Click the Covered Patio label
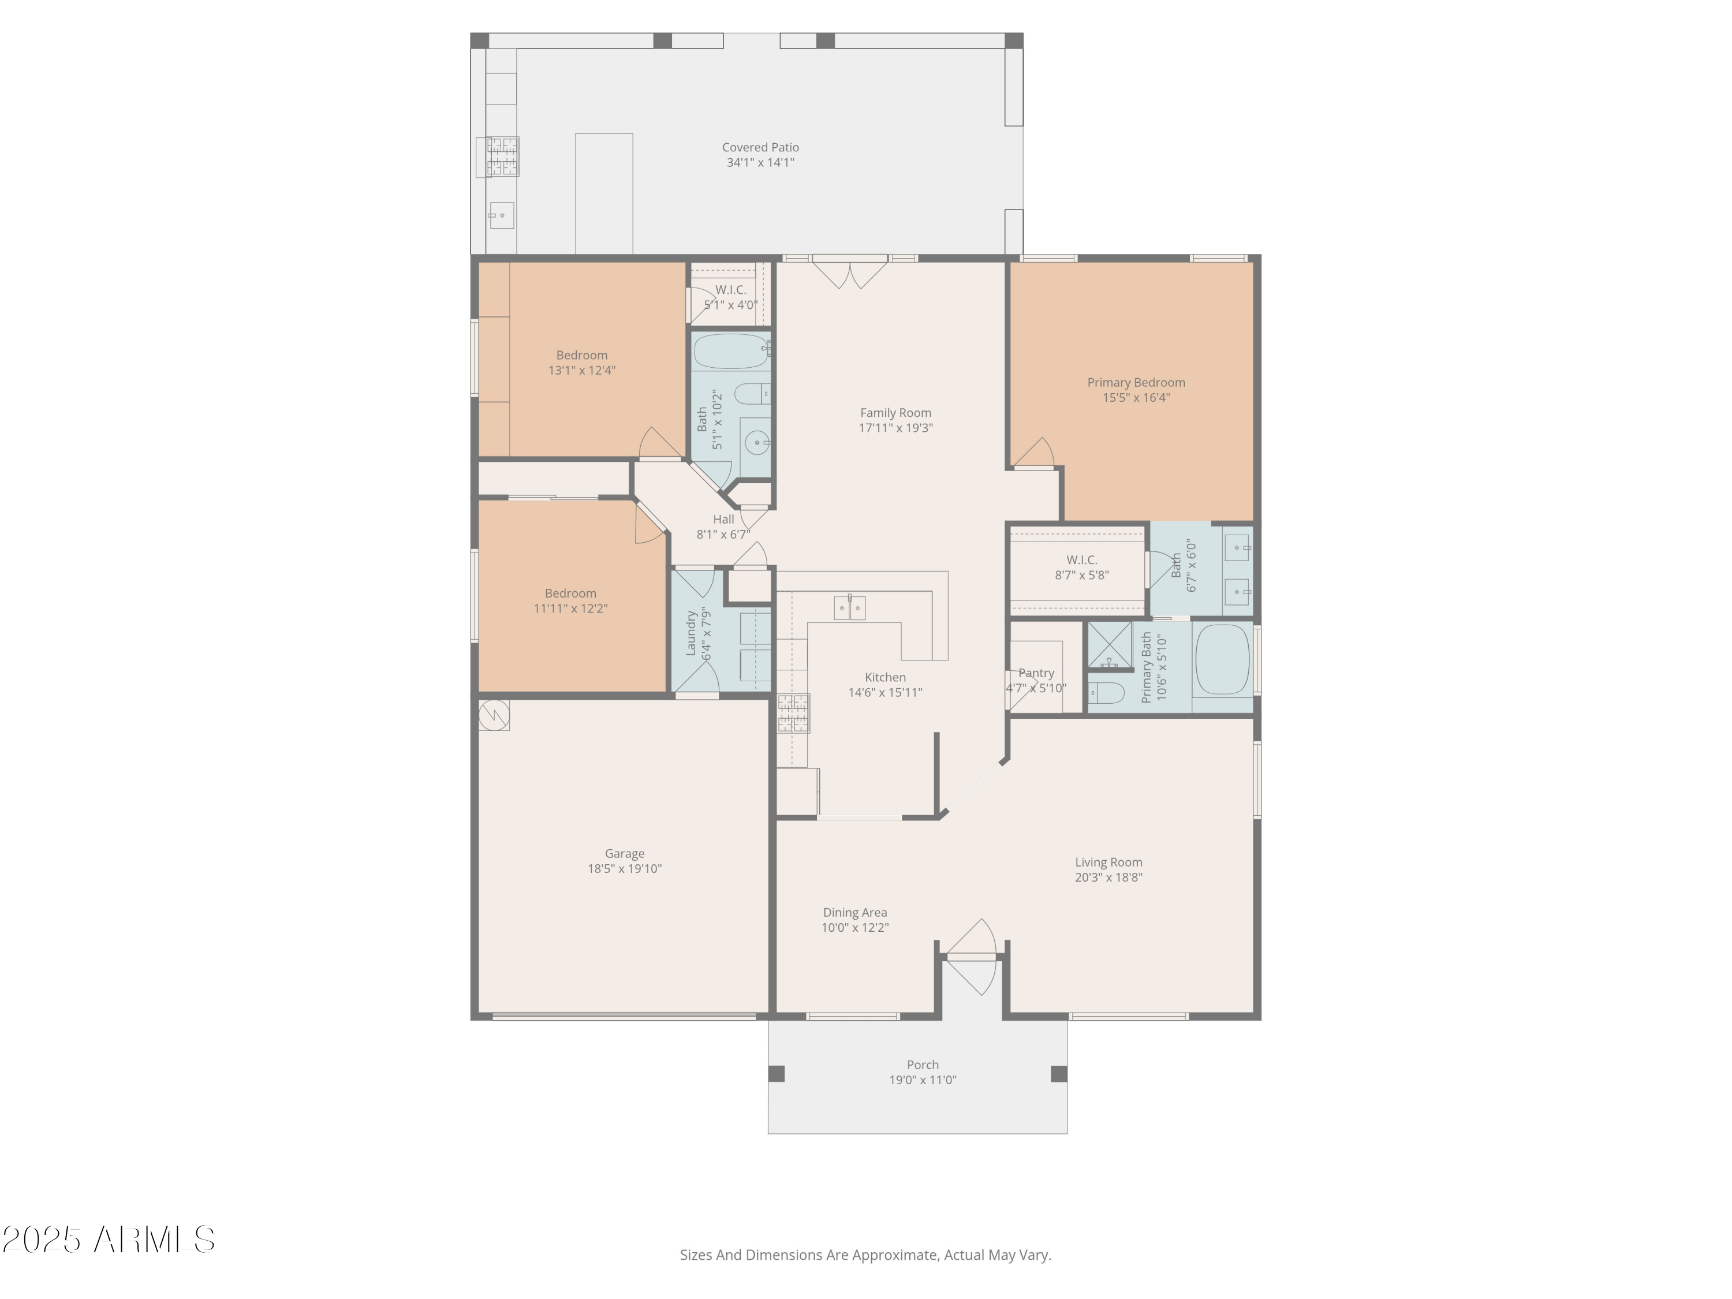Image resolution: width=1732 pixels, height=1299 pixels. pyautogui.click(x=760, y=147)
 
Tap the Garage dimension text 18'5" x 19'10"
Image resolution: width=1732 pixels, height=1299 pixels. pyautogui.click(x=624, y=868)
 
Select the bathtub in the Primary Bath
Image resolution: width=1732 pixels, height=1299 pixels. pyautogui.click(x=1222, y=659)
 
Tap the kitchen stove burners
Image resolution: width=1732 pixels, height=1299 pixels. pyautogui.click(x=793, y=712)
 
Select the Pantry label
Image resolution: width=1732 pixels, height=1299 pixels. pyautogui.click(x=1035, y=673)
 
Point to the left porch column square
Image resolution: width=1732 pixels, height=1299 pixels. pyautogui.click(x=776, y=1073)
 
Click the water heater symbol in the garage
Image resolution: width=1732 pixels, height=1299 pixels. pyautogui.click(x=494, y=714)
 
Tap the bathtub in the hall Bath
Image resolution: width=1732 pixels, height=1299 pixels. pyautogui.click(x=730, y=352)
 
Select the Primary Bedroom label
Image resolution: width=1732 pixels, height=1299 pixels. pyautogui.click(x=1136, y=382)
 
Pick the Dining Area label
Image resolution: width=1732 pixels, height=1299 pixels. pyautogui.click(x=854, y=912)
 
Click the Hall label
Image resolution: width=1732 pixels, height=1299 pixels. pyautogui.click(x=723, y=519)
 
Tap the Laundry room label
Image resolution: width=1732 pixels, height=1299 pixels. pyautogui.click(x=690, y=633)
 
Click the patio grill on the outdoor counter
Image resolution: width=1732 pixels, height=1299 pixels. pyautogui.click(x=502, y=156)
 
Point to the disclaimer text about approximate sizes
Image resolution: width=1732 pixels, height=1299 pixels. pyautogui.click(x=864, y=1255)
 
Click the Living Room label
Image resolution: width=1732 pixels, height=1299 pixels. pyautogui.click(x=1107, y=862)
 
